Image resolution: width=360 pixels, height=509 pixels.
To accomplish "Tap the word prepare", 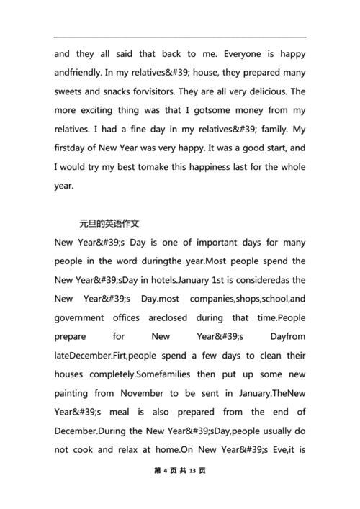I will pos(73,336).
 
